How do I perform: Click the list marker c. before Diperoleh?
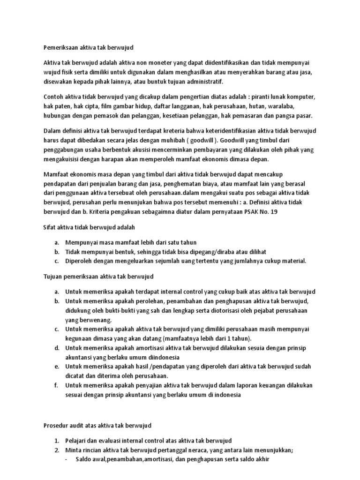click(56, 261)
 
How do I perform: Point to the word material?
click(293, 261)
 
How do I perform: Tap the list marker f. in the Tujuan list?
click(56, 385)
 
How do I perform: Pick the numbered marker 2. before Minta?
click(56, 450)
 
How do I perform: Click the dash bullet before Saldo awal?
click(66, 460)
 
